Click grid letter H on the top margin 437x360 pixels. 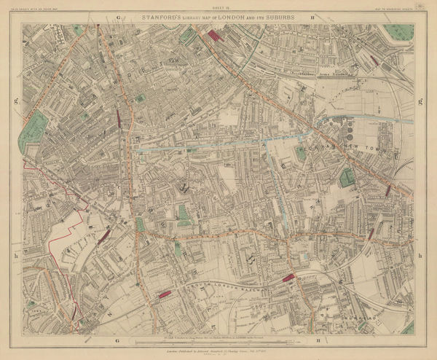312,15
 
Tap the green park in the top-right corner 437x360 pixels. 399,31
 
